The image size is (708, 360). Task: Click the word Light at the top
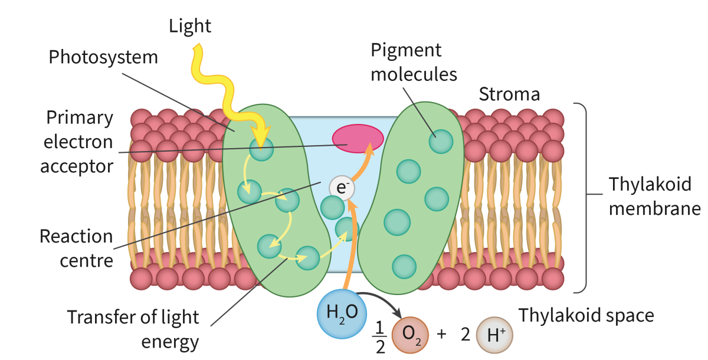tap(190, 26)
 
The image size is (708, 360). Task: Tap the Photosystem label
tap(103, 57)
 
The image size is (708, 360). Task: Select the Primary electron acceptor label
tap(77, 142)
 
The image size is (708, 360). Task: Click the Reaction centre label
tap(76, 248)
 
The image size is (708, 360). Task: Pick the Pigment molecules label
tap(414, 62)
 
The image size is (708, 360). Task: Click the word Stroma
tap(509, 94)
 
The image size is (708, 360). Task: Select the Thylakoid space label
tap(586, 316)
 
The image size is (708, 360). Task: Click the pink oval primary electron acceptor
tap(358, 138)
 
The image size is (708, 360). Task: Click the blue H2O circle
tap(342, 312)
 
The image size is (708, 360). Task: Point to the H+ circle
tap(494, 336)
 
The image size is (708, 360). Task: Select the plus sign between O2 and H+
tap(441, 335)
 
